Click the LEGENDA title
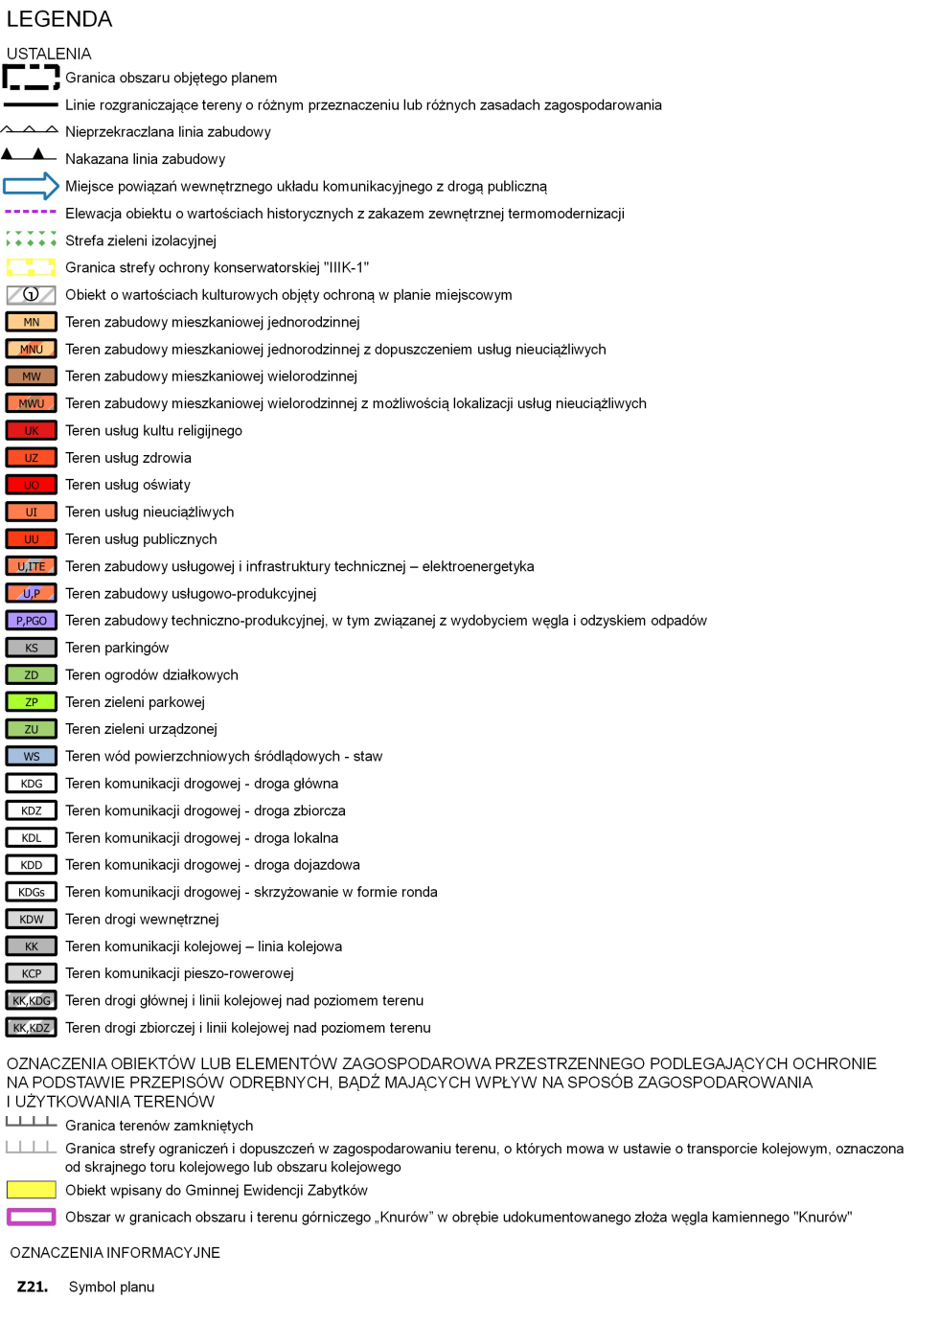tap(59, 19)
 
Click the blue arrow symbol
tap(31, 186)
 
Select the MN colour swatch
tap(31, 322)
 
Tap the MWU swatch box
tap(31, 403)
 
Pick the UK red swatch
tap(31, 431)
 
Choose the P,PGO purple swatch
tap(31, 621)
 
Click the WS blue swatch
tap(31, 757)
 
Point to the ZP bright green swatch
tap(31, 702)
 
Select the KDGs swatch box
tap(31, 892)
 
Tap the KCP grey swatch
tap(31, 973)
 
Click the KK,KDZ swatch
tap(31, 1028)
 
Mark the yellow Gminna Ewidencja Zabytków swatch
tap(31, 1190)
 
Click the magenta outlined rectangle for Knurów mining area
tap(31, 1218)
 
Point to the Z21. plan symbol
tap(33, 1287)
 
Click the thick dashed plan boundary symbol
tap(31, 77)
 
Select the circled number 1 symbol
tap(31, 295)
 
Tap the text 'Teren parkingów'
tap(117, 648)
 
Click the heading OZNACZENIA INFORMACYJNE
tap(115, 1253)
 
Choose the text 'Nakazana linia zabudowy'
tap(146, 159)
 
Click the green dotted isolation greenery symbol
tap(31, 239)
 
